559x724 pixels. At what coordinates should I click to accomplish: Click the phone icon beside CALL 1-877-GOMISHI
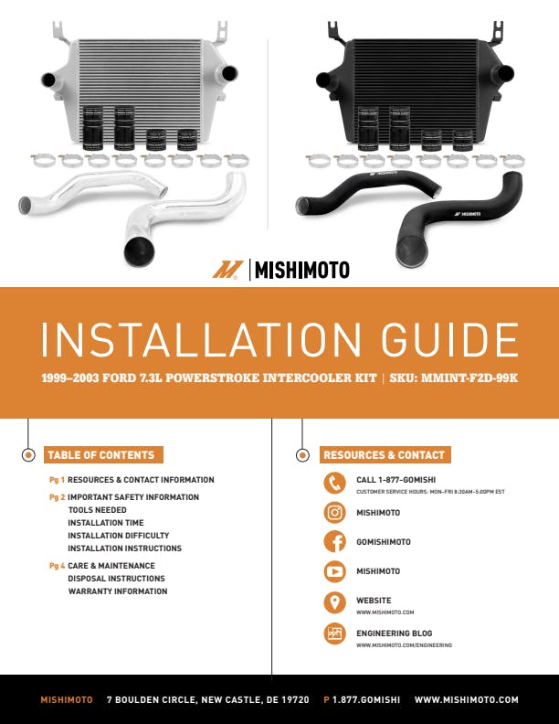tap(334, 483)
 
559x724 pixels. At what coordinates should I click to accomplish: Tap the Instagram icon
tap(334, 513)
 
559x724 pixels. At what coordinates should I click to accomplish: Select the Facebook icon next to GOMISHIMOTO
tap(334, 541)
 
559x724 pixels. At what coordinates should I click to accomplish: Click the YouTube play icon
tap(334, 571)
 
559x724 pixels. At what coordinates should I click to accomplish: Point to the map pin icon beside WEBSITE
tap(334, 602)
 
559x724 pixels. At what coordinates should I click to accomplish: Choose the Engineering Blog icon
tap(334, 633)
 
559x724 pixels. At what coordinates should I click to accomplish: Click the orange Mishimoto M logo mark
tap(227, 270)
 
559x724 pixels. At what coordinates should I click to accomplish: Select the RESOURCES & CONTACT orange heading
tap(385, 455)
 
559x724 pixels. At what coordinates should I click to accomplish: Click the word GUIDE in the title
tap(449, 340)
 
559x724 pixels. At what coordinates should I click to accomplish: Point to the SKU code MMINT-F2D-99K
tap(469, 378)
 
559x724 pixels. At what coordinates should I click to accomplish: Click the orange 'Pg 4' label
tap(57, 566)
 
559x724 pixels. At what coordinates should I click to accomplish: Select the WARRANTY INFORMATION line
tap(118, 591)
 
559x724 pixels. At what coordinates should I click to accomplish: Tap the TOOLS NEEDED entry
tap(98, 510)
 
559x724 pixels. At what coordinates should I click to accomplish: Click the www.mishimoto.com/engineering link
tap(404, 645)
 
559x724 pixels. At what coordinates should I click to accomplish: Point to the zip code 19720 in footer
tap(293, 700)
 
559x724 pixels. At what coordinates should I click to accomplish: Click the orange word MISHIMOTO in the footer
tap(67, 700)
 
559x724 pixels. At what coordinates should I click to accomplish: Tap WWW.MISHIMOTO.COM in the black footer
tap(467, 700)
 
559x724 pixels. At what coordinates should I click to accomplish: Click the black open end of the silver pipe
tap(139, 251)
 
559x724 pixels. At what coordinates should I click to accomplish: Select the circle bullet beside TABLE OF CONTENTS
tap(28, 455)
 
